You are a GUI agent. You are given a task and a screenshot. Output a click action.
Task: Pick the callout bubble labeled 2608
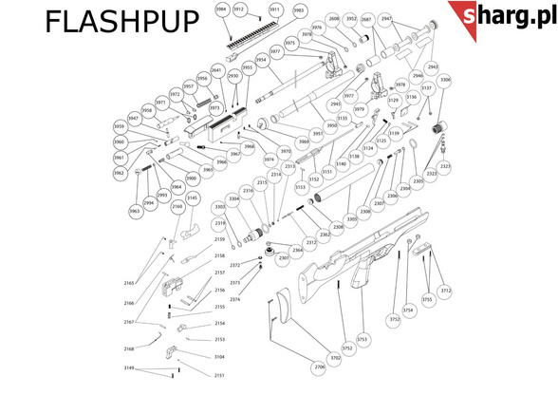pyautogui.click(x=334, y=19)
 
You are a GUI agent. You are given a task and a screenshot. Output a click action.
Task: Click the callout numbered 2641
pyautogui.click(x=216, y=70)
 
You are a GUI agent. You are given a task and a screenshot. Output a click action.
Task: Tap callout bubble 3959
pyautogui.click(x=120, y=126)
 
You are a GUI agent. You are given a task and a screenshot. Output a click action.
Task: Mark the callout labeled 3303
pyautogui.click(x=219, y=206)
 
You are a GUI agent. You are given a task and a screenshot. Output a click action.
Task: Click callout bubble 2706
pyautogui.click(x=320, y=366)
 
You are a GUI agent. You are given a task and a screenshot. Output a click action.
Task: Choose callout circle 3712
pyautogui.click(x=446, y=292)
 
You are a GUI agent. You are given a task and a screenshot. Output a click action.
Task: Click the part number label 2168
pyautogui.click(x=129, y=349)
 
